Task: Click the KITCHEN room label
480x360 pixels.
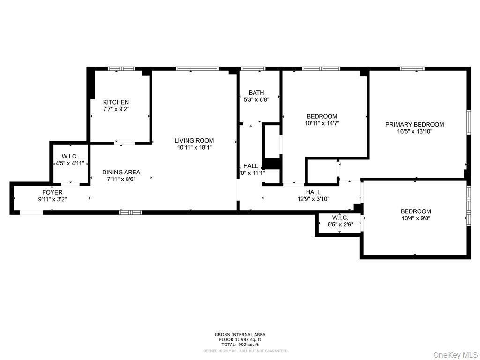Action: (116, 102)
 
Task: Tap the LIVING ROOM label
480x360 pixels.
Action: (194, 140)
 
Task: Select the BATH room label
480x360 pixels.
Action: (256, 92)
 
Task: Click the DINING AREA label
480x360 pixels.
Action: (121, 172)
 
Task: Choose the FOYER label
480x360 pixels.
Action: (52, 192)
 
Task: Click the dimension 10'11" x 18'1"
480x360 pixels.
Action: (194, 147)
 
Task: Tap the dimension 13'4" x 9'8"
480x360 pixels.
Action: (415, 218)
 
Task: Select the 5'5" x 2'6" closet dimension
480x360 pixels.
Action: (339, 225)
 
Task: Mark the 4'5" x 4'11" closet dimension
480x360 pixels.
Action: (69, 163)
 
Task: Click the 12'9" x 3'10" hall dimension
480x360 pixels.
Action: (313, 199)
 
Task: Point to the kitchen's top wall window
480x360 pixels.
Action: (121, 69)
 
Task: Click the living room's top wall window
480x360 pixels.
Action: (197, 69)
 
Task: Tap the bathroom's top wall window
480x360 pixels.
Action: (253, 69)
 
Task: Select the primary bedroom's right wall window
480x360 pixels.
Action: (468, 122)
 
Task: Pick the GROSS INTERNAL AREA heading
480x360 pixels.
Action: (240, 334)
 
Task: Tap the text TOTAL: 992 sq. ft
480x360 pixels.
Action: (240, 344)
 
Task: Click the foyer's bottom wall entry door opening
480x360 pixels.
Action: (31, 213)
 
